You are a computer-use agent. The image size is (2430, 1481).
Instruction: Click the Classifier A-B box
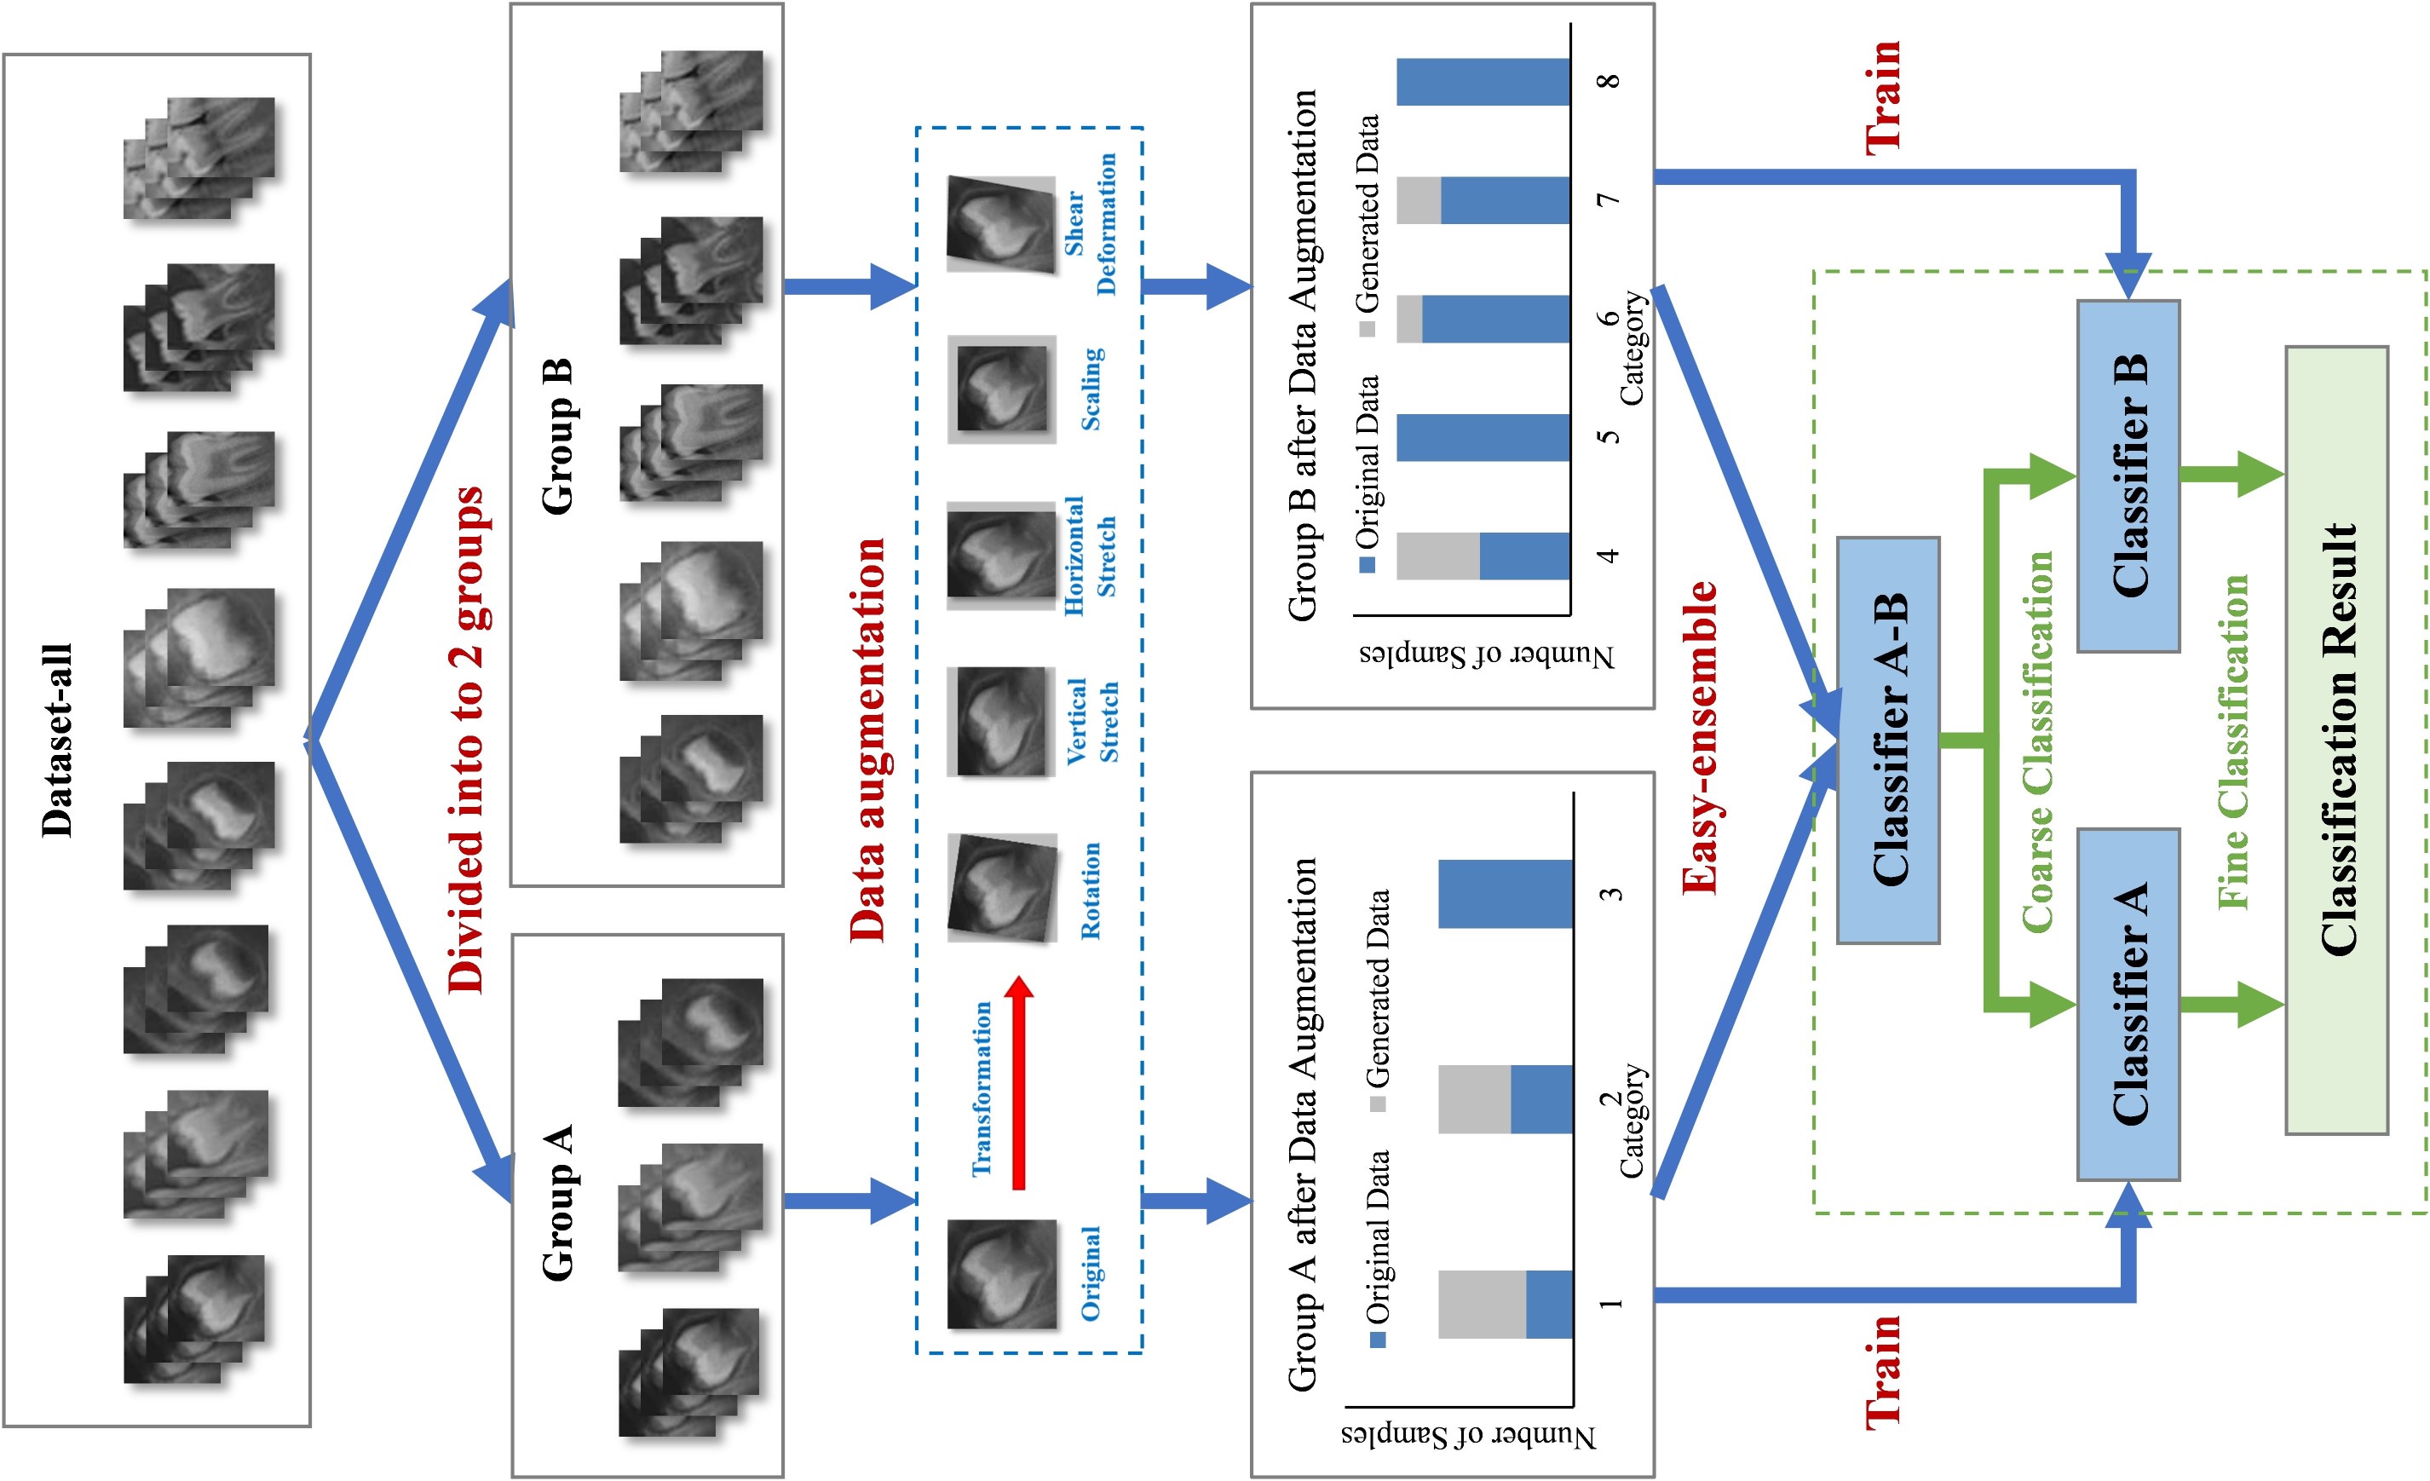point(1887,740)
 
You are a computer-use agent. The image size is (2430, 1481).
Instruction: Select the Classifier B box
point(2128,476)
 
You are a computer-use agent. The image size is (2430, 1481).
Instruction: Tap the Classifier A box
point(2128,1004)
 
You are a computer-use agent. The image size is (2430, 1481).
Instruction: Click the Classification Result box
point(2336,740)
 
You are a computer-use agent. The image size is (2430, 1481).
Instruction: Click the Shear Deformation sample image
point(1001,224)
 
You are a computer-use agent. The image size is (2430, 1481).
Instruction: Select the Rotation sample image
point(1001,887)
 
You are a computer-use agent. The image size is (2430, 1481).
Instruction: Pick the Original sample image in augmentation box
point(1001,1274)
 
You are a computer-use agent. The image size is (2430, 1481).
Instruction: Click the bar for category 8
point(1483,83)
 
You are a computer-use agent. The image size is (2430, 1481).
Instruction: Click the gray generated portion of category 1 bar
point(1482,1304)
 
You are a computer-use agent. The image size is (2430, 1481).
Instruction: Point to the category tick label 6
point(1609,318)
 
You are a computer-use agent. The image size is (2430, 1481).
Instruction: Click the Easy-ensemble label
point(1699,738)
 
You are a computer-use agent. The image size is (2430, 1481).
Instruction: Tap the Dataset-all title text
point(57,740)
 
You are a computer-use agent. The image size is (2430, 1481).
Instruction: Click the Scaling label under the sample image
point(1091,389)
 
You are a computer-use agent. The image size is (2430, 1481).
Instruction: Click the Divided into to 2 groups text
point(466,740)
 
